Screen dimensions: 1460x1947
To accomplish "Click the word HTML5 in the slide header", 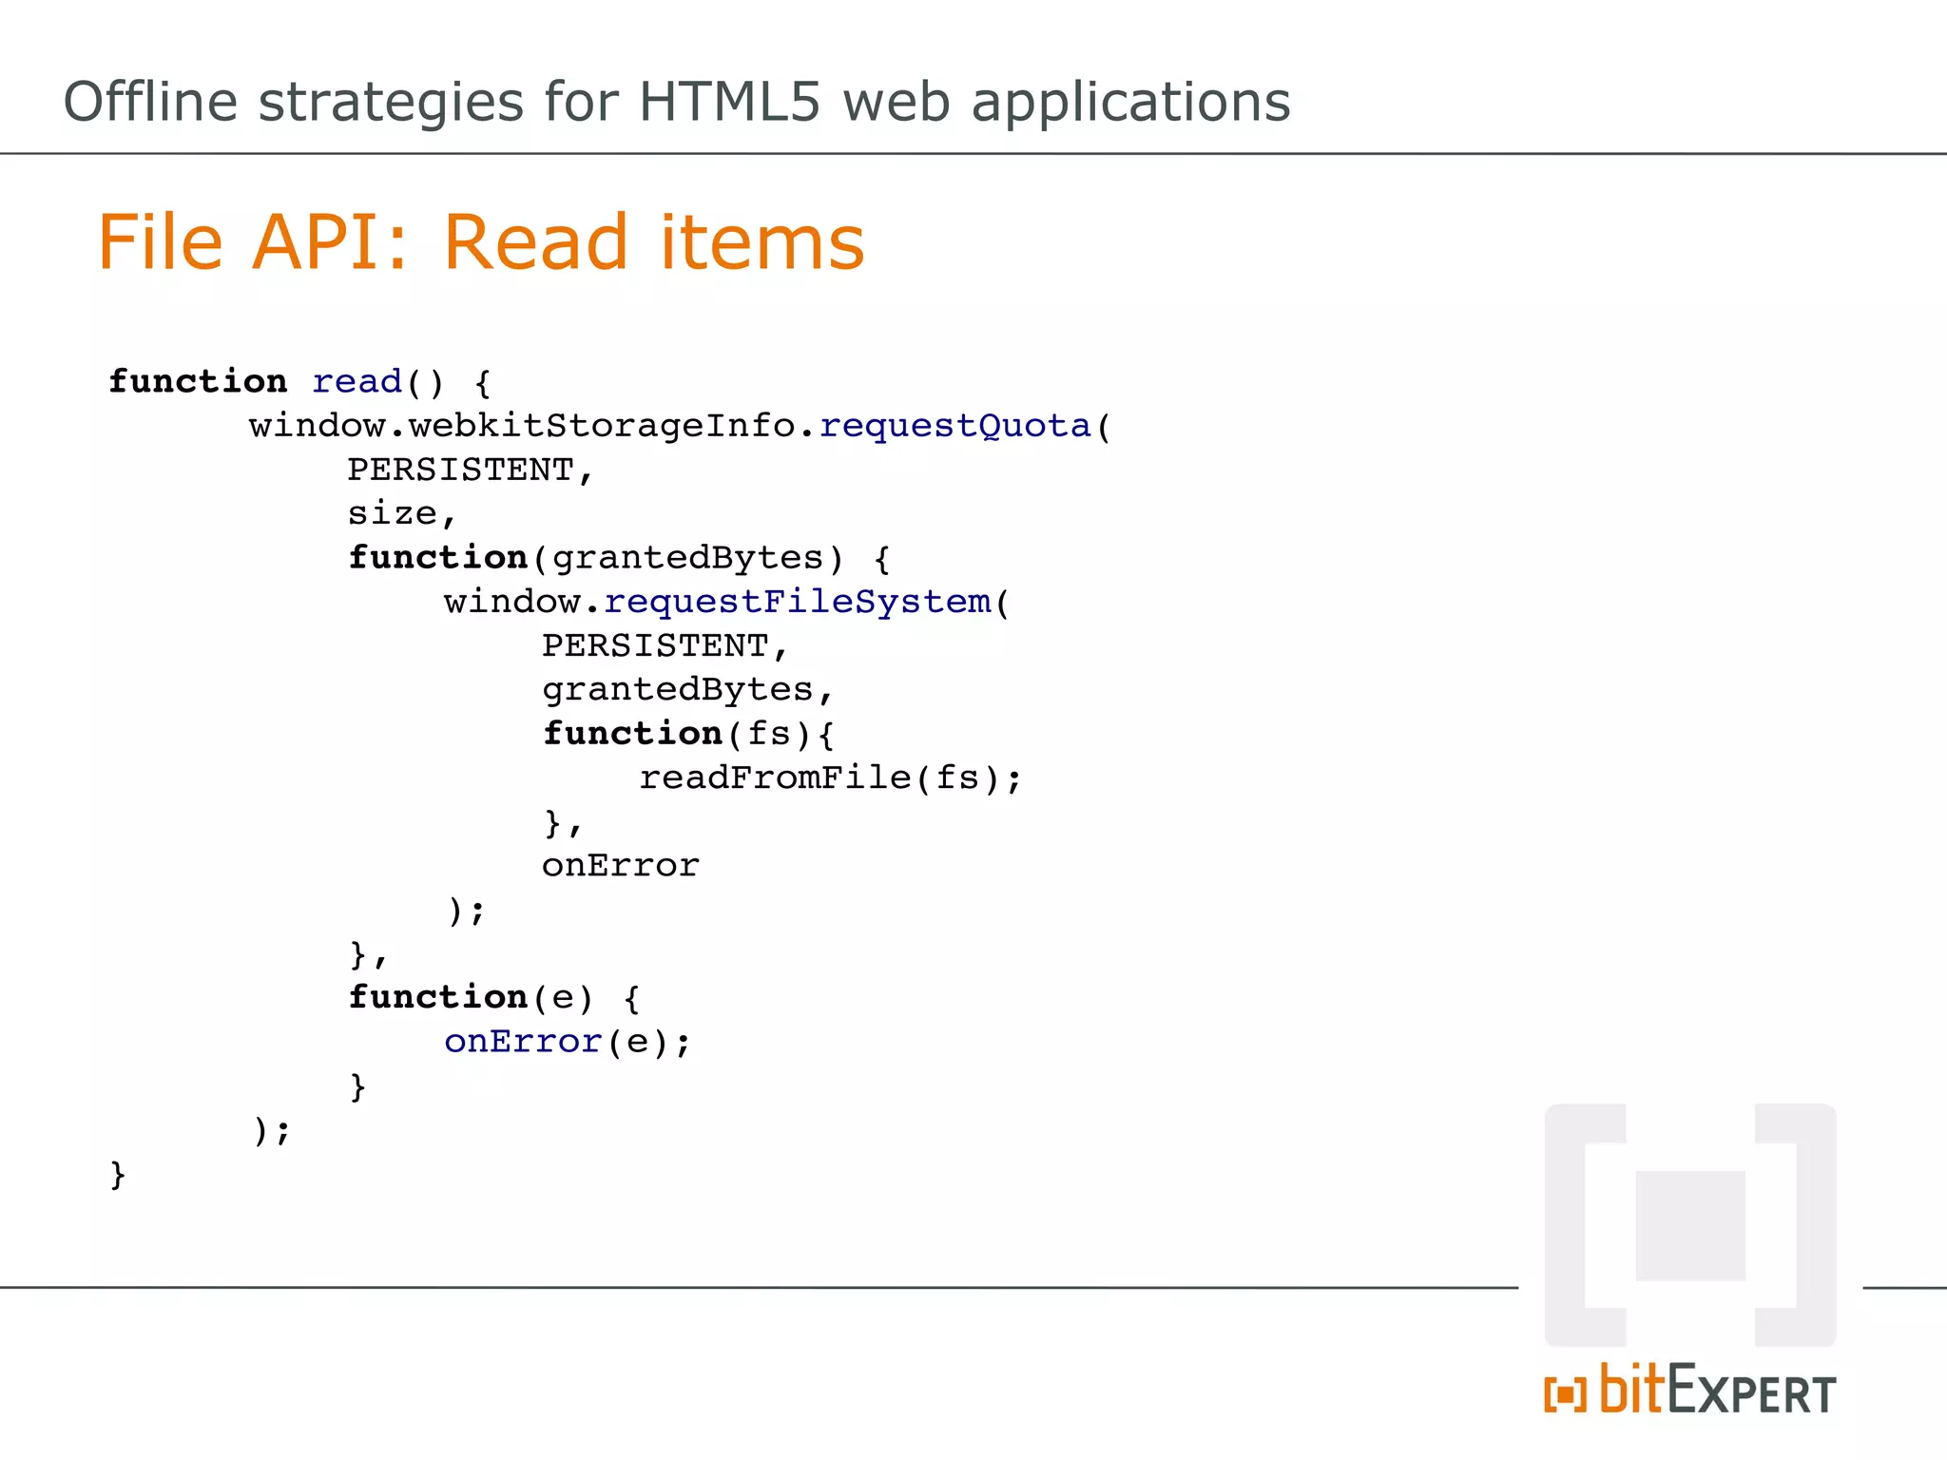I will pos(728,102).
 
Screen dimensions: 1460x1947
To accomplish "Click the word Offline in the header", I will pos(149,102).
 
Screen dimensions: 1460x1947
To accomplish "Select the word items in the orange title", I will pos(761,242).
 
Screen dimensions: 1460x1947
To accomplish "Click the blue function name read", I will pos(357,382).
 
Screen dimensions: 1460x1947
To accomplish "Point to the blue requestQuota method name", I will pos(954,426).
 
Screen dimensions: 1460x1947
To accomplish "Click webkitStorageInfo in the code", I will pos(602,426).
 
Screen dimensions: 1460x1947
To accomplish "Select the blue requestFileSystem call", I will pos(797,602).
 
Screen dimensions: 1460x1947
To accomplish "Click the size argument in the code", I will pos(392,514).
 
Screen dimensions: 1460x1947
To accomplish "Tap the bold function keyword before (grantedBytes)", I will pos(437,558).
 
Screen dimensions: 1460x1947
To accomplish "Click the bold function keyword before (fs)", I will pos(632,734).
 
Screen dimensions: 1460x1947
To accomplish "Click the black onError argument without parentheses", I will pos(620,866).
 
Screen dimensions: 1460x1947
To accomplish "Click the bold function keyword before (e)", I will pos(437,998).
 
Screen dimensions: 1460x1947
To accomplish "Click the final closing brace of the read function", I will pos(118,1175).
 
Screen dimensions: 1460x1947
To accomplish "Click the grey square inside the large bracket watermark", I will pos(1690,1225).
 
